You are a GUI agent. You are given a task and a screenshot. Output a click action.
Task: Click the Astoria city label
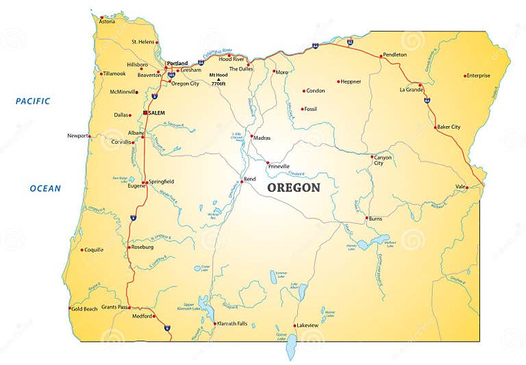pyautogui.click(x=108, y=22)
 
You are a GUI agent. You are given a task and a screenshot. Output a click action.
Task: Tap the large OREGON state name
pyautogui.click(x=293, y=188)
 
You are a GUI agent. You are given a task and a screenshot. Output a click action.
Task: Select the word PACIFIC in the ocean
pyautogui.click(x=33, y=101)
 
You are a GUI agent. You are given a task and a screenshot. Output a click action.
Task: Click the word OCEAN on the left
pyautogui.click(x=45, y=188)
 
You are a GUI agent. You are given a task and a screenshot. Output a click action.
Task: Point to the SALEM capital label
pyautogui.click(x=159, y=112)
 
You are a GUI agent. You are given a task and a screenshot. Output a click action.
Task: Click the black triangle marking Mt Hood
pyautogui.click(x=218, y=80)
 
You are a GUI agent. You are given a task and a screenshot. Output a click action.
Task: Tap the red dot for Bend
pyautogui.click(x=242, y=182)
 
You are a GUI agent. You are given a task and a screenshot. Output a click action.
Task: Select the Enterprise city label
pyautogui.click(x=479, y=75)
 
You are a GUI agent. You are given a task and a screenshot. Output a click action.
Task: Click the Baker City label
pyautogui.click(x=449, y=127)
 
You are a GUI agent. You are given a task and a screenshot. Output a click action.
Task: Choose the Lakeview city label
pyautogui.click(x=306, y=325)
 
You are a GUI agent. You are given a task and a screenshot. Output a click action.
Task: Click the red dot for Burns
pyautogui.click(x=366, y=218)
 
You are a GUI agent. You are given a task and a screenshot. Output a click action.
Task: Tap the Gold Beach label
pyautogui.click(x=84, y=310)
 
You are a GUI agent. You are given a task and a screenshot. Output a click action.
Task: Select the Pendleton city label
pyautogui.click(x=394, y=55)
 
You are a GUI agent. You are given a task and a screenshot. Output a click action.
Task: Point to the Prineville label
pyautogui.click(x=279, y=166)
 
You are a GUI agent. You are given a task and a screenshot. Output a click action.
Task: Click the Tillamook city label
pyautogui.click(x=114, y=74)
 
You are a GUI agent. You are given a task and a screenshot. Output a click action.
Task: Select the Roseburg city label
pyautogui.click(x=142, y=247)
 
